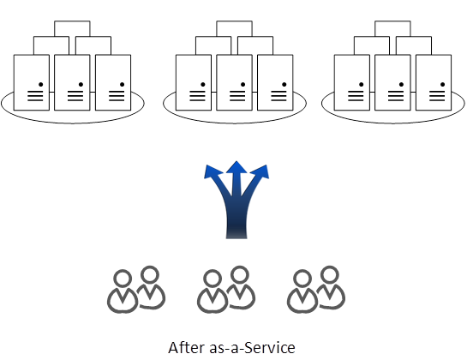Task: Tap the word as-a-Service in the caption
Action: coord(252,347)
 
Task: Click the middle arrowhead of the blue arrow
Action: coord(236,167)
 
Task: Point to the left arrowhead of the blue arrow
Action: coord(213,172)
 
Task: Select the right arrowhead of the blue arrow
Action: coord(260,172)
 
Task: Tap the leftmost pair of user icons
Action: coord(136,290)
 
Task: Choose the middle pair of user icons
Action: coord(226,290)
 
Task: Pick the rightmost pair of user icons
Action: coord(316,290)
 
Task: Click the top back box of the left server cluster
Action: coord(72,28)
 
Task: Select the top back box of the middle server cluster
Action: coord(235,28)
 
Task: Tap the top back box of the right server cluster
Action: coord(392,28)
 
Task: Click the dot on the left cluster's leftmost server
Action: coord(41,85)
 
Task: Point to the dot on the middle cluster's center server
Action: coord(243,85)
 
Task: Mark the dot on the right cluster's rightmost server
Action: coord(442,85)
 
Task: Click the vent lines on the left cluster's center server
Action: coord(75,96)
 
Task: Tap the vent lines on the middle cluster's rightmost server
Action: coord(278,96)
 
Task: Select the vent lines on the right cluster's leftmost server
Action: coord(356,96)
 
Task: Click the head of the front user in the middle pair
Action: coord(213,279)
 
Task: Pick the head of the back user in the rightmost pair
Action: coord(329,275)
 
